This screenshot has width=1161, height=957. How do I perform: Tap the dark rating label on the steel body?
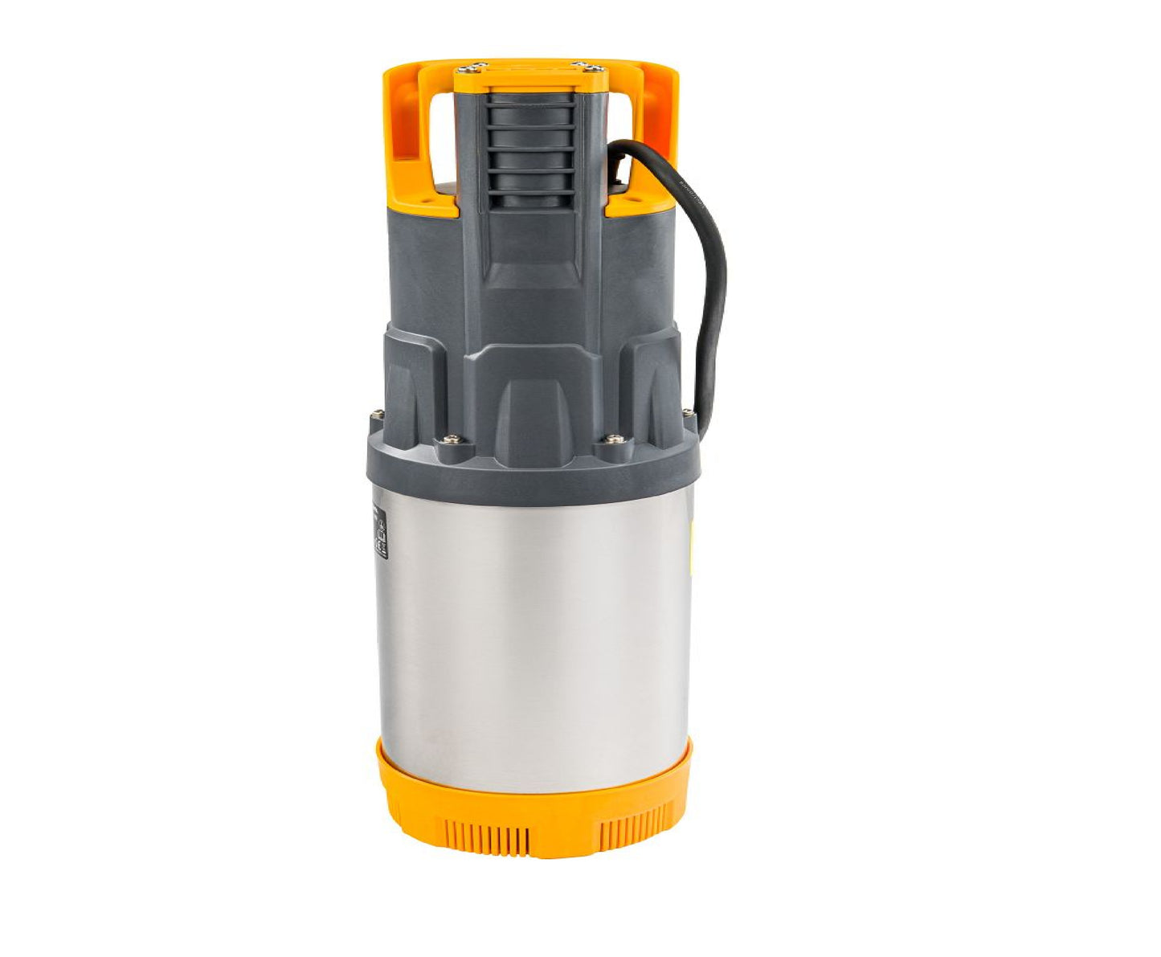(x=380, y=532)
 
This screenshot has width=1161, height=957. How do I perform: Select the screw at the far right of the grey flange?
(x=688, y=415)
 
